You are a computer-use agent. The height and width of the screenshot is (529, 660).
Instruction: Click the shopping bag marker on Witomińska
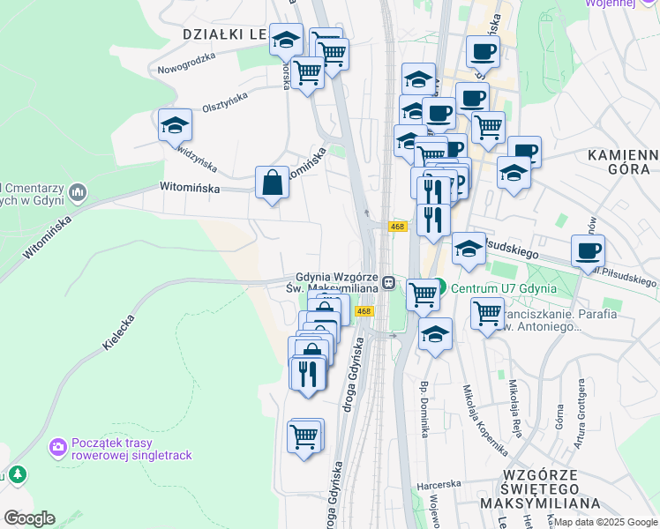point(272,183)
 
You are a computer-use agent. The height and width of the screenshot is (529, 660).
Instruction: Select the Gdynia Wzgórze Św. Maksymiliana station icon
point(388,283)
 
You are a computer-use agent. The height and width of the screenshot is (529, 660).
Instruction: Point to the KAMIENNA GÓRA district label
point(623,164)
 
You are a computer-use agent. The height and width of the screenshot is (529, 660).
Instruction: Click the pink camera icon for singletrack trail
point(58,447)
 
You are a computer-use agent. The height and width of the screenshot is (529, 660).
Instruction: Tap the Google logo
point(28,518)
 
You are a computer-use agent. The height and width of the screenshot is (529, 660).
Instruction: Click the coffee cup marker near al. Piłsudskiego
point(587,250)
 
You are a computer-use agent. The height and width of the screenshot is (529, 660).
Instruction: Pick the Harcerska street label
point(439,484)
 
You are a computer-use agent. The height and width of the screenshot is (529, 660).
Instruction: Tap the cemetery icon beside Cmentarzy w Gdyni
point(78,191)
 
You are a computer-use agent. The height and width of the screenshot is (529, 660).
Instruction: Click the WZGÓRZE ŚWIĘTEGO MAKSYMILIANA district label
point(529,488)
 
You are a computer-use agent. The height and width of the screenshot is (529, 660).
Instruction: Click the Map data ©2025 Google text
point(605,522)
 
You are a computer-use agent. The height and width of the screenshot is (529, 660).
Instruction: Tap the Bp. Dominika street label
point(424,410)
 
